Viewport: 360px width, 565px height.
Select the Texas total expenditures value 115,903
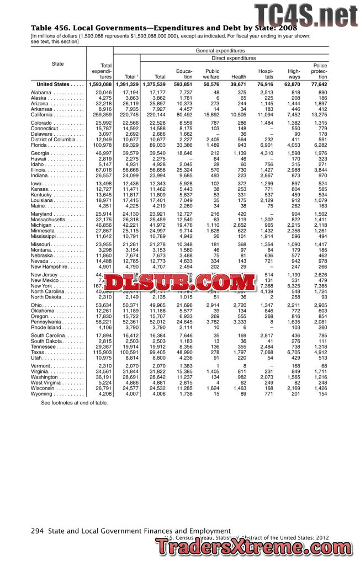pyautogui.click(x=101, y=351)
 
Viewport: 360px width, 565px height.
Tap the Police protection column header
pyautogui.click(x=319, y=71)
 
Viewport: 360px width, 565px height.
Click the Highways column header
pyautogui.click(x=294, y=74)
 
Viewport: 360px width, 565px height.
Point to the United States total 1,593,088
pyautogui.click(x=100, y=84)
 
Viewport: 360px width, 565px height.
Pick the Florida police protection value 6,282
pyautogui.click(x=319, y=145)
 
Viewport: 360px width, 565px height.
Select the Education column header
pyautogui.click(x=183, y=74)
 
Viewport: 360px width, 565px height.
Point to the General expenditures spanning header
pyautogui.click(x=220, y=51)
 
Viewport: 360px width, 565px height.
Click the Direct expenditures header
pyautogui.click(x=234, y=58)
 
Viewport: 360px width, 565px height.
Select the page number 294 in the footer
pyautogui.click(x=37, y=531)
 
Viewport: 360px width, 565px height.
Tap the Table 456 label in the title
pyautogui.click(x=52, y=28)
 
